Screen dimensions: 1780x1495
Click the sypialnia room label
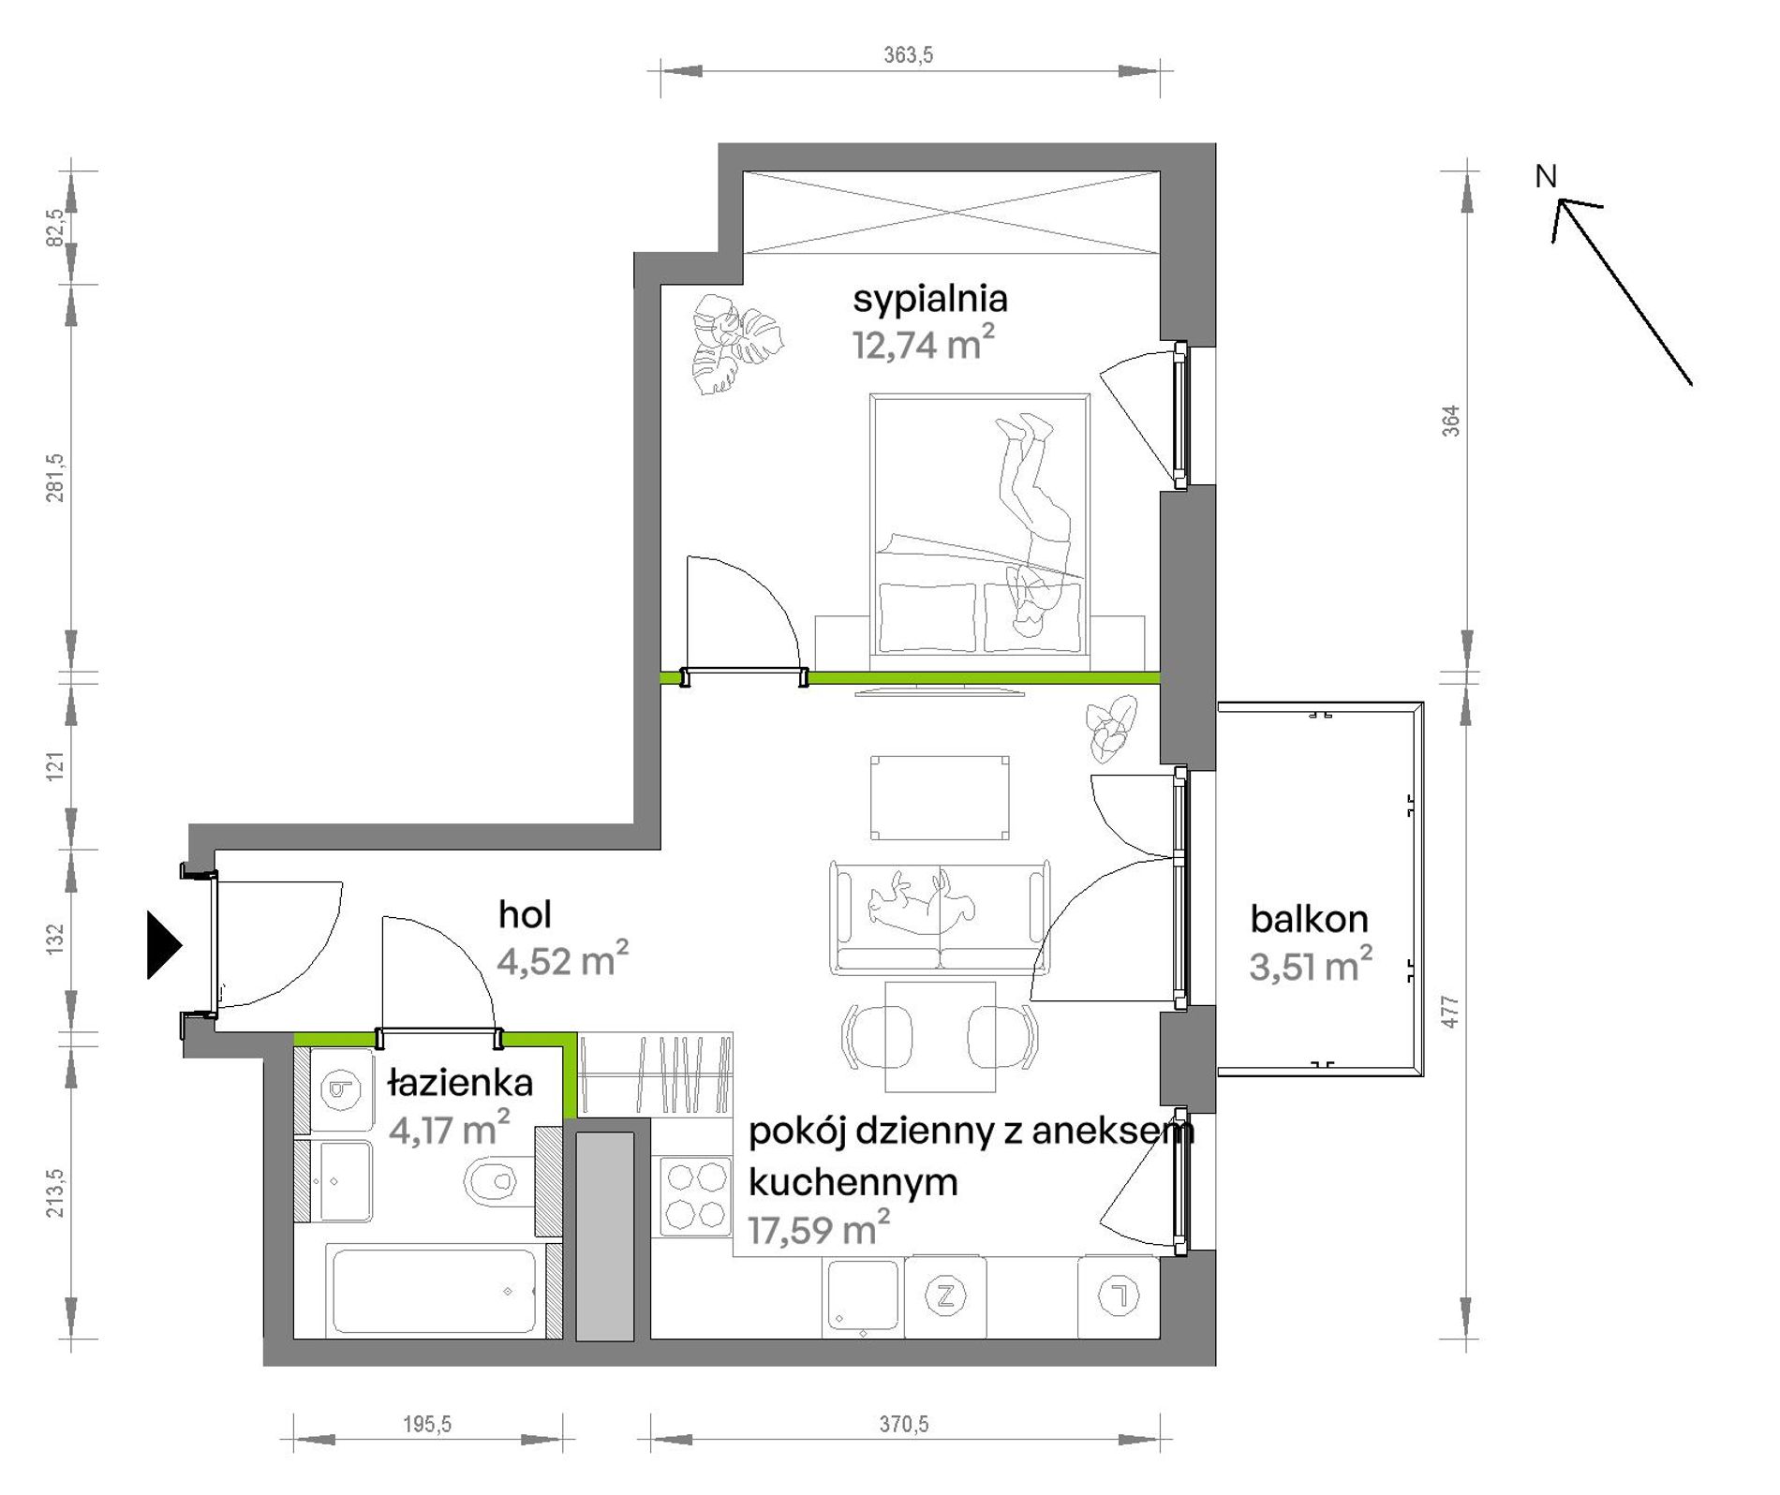(x=929, y=300)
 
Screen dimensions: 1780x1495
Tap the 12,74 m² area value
(x=923, y=344)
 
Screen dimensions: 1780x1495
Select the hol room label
(x=525, y=914)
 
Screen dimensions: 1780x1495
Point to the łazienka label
(x=460, y=1083)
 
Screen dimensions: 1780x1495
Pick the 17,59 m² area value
(x=818, y=1228)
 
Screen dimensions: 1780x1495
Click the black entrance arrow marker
(x=164, y=945)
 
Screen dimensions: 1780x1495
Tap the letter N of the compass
(x=1546, y=176)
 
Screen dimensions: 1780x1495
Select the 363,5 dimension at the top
(x=909, y=55)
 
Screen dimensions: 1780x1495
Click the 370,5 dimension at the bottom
(x=904, y=1424)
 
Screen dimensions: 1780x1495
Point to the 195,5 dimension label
(x=427, y=1424)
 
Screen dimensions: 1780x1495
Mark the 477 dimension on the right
(x=1450, y=1012)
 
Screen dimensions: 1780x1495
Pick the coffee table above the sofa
(x=940, y=798)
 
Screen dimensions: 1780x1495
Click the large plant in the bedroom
(x=736, y=344)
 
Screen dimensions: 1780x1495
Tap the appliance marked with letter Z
(x=945, y=1296)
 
